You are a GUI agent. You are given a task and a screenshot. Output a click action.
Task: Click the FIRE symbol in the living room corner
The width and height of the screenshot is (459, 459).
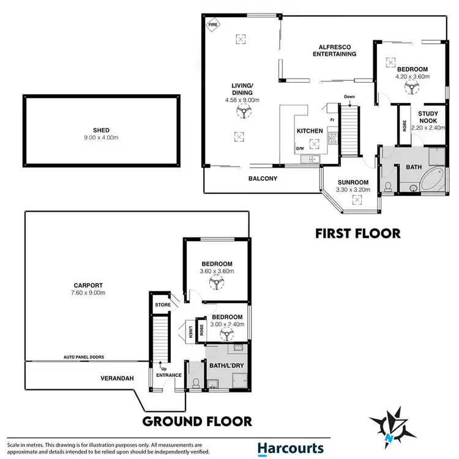(x=213, y=25)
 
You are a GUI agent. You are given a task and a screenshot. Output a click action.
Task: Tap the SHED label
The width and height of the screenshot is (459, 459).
(x=101, y=129)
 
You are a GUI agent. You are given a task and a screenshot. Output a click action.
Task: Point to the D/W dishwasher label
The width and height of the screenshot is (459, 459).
(x=300, y=148)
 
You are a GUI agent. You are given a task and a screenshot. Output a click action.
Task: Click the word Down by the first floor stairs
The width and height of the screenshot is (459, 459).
(x=349, y=97)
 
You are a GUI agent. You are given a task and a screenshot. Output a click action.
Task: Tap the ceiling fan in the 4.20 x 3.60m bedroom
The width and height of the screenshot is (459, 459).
(x=408, y=88)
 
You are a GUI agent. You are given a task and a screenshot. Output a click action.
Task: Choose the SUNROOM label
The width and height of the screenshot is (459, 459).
(x=352, y=182)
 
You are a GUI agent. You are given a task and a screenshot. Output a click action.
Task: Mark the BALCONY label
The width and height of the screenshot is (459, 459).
(x=263, y=179)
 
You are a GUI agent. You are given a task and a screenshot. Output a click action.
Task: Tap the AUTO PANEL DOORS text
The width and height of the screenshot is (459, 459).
(x=85, y=356)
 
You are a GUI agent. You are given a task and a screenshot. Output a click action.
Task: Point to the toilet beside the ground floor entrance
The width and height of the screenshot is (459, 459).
(x=195, y=383)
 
